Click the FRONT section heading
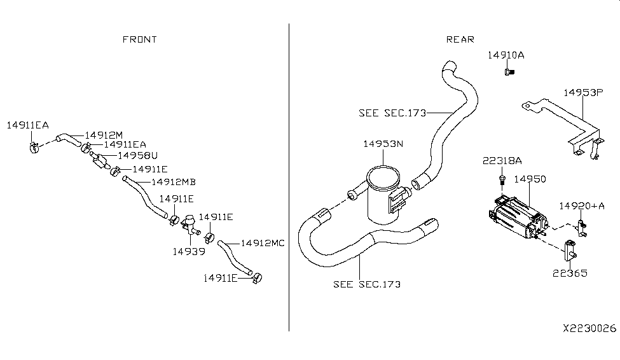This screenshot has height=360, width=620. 139,39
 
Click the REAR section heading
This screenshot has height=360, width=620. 460,39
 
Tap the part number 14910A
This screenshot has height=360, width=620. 506,55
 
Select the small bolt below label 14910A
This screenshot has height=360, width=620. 508,73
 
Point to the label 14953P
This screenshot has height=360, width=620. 582,92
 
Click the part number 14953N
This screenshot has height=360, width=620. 383,144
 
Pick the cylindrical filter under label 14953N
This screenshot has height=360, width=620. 384,194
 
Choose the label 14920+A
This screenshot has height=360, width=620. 582,205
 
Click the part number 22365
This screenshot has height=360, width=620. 569,273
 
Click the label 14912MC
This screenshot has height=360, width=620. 263,243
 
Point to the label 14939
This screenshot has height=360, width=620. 188,251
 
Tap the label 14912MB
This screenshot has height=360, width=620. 172,182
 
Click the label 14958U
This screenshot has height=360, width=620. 137,155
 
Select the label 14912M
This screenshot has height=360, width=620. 103,135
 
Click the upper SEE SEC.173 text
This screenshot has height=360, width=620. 391,113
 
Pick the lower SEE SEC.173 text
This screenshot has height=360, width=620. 367,284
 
